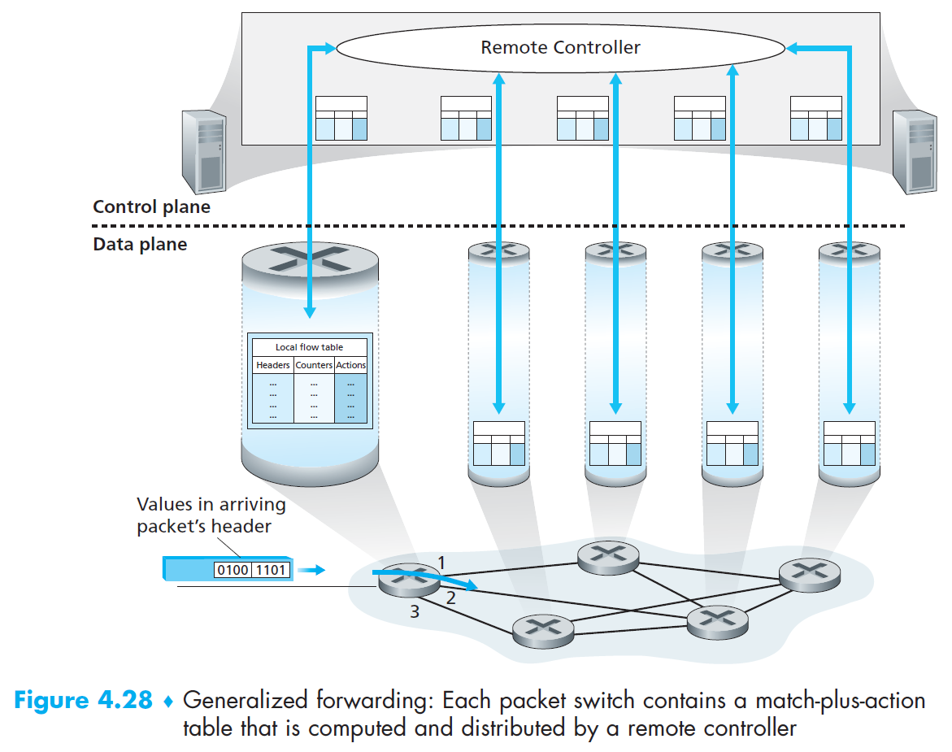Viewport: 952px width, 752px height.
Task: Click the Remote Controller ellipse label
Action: (560, 47)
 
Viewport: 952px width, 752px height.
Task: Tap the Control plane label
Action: (151, 206)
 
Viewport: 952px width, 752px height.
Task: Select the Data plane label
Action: (140, 244)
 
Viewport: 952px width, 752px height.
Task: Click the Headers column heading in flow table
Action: (272, 365)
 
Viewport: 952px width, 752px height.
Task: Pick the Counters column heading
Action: (314, 365)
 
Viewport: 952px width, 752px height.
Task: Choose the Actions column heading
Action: (351, 365)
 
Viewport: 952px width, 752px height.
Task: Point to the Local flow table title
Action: (309, 347)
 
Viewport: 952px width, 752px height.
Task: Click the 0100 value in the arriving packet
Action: (233, 569)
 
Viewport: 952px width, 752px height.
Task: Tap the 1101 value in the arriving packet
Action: (271, 569)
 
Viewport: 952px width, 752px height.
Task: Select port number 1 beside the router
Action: (441, 562)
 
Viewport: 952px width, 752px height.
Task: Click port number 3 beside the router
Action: (414, 612)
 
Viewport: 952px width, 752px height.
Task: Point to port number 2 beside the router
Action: (451, 598)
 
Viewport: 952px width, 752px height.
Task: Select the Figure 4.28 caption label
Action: (83, 701)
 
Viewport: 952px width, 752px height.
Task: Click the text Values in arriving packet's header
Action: (211, 515)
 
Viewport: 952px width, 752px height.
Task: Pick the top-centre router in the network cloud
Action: (608, 554)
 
